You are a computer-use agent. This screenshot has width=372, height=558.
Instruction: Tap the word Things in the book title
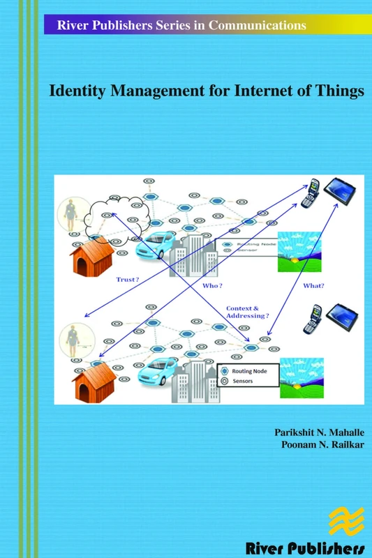341,91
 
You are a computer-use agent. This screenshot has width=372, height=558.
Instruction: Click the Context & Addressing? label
246,311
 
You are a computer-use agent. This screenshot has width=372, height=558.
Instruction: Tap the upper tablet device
344,190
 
